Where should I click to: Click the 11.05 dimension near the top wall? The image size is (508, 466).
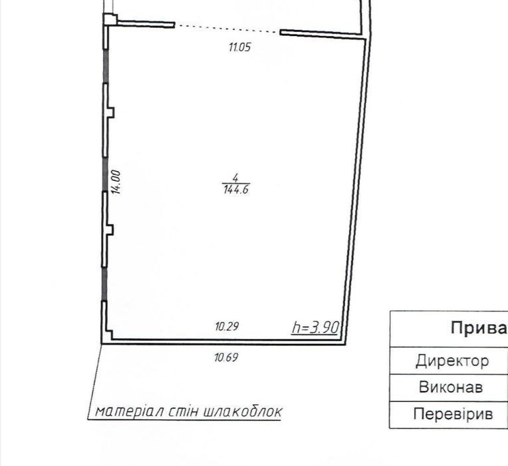[x=240, y=47]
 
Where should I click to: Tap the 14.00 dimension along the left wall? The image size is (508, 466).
[x=116, y=182]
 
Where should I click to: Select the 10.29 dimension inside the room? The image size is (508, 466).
[x=227, y=326]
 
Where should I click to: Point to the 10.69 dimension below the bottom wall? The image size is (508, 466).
[x=226, y=357]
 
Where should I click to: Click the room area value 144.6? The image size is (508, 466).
[x=236, y=189]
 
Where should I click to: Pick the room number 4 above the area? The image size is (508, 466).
[x=236, y=178]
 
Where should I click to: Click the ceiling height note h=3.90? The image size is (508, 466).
[x=315, y=328]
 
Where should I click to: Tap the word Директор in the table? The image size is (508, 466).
[x=452, y=361]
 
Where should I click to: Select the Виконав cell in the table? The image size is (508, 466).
[x=451, y=387]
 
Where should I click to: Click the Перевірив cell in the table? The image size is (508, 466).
[x=453, y=414]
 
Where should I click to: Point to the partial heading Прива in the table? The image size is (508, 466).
[x=479, y=328]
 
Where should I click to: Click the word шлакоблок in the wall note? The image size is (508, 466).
[x=243, y=412]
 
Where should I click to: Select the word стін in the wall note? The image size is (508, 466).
[x=184, y=412]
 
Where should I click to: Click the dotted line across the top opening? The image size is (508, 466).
[x=227, y=28]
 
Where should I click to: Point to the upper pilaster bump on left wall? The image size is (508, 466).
[x=111, y=113]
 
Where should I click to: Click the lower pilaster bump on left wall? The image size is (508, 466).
[x=110, y=230]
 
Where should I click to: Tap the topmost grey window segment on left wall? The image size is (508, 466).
[x=105, y=67]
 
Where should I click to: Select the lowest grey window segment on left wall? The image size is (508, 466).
[x=104, y=284]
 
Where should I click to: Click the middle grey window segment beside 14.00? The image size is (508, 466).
[x=104, y=174]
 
